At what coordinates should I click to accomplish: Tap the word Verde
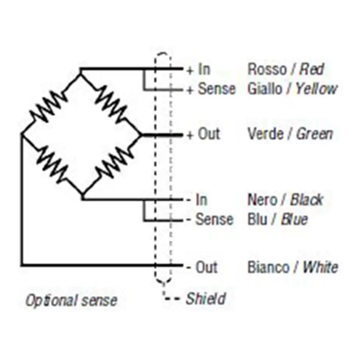coord(265,134)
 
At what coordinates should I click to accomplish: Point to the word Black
coord(307,200)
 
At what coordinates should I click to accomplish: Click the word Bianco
coord(268,267)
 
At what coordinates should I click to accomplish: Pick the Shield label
coord(206,298)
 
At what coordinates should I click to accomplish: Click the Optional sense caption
coord(71,300)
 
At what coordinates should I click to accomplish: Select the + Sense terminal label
coord(211,89)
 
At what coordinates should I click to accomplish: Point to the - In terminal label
coord(197,200)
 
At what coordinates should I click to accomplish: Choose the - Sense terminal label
coord(210,219)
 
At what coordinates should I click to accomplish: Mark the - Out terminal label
coord(202,267)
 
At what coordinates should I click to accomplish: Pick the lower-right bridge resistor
coord(113,163)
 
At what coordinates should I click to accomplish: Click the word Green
coord(315,134)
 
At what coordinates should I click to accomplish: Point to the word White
coord(320,267)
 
